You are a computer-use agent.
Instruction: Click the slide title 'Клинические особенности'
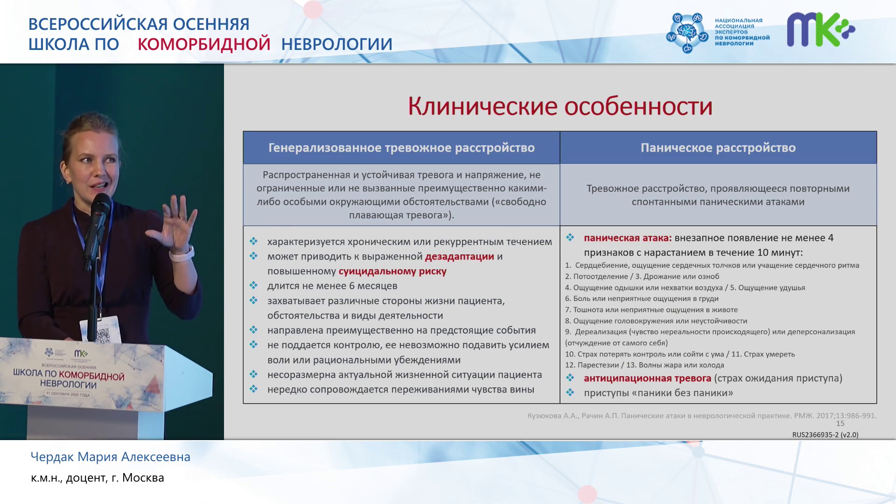pos(560,106)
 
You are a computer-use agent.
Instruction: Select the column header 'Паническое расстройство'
pos(718,148)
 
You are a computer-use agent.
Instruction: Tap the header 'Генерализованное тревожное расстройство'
pos(401,148)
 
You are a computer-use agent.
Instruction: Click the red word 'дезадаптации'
pos(459,257)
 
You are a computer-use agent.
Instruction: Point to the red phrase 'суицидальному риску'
pos(392,272)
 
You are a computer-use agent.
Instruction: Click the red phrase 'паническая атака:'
pos(628,238)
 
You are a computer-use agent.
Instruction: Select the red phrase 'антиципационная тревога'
pos(647,378)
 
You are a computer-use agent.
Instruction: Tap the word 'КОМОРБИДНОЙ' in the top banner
pos(204,44)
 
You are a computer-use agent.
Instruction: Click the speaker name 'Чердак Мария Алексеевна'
pos(111,457)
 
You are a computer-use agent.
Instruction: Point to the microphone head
pos(100,204)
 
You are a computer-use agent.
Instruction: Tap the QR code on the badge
pos(103,334)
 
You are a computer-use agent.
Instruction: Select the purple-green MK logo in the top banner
pos(821,29)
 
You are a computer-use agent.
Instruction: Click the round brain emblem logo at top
pos(687,32)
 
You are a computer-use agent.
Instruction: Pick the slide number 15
pos(840,424)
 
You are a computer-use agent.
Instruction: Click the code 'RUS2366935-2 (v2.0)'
pos(825,435)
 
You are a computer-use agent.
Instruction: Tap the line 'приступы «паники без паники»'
pos(658,393)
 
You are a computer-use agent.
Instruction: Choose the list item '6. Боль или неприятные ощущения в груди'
pos(642,299)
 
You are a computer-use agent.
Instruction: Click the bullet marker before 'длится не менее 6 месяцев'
pos(253,286)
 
